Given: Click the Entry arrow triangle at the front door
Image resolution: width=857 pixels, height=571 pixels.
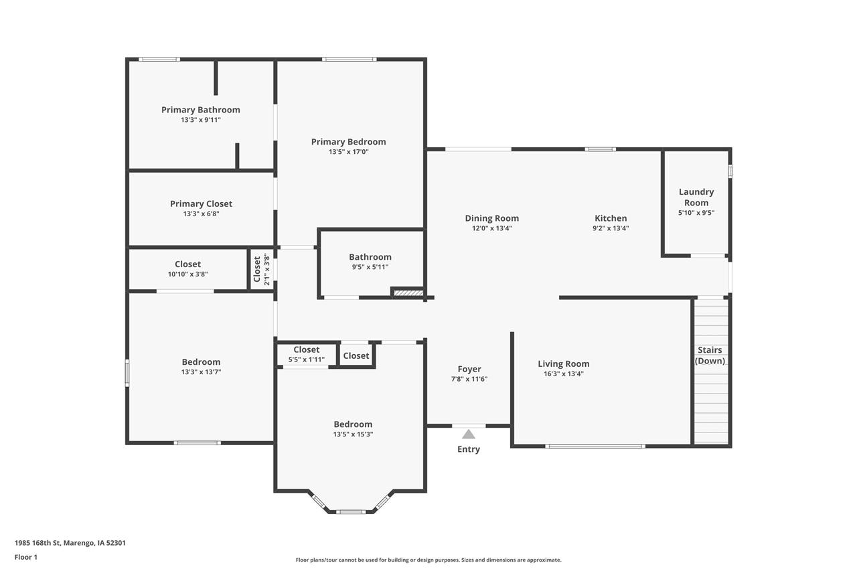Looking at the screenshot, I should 469,434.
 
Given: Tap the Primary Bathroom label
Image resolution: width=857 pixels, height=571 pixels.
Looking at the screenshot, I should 200,110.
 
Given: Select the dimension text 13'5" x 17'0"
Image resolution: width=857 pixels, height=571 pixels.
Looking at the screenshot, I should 348,152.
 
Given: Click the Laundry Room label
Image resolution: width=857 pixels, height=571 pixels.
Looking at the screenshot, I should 696,197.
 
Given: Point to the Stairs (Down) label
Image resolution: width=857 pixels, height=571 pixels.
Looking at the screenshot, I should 710,355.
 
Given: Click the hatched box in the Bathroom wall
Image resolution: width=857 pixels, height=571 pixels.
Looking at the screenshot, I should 407,293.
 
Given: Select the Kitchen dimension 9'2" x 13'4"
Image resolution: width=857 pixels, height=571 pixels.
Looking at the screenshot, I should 611,228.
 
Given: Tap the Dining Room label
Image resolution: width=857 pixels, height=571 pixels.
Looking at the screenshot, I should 491,218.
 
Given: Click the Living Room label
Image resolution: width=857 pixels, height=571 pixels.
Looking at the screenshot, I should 564,364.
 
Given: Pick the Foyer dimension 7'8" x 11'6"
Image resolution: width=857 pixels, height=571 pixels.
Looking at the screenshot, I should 469,379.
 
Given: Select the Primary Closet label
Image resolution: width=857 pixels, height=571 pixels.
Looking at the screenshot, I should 201,204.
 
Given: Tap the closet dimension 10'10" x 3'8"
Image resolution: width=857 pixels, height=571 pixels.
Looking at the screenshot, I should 187,274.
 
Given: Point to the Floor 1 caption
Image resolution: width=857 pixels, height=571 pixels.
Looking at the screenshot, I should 26,557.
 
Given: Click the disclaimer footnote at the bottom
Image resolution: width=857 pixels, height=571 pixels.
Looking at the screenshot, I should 428,560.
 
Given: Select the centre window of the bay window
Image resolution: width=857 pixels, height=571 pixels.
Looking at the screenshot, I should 350,512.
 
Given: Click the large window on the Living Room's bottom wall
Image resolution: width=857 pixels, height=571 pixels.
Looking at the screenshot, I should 595,446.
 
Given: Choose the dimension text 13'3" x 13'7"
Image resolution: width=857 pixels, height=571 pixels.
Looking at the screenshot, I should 201,372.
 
